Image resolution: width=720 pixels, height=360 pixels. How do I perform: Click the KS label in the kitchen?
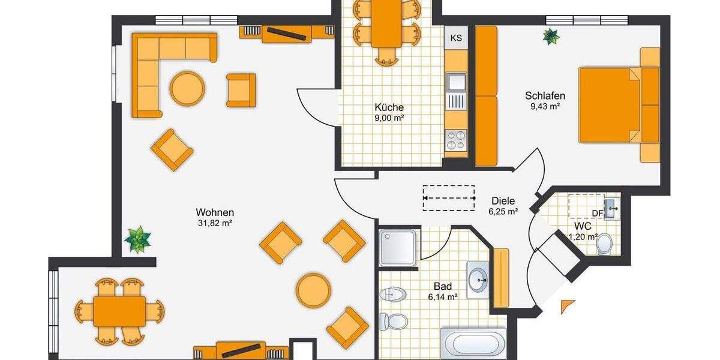pyautogui.click(x=456, y=38)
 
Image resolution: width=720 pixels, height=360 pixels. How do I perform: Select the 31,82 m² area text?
pyautogui.click(x=214, y=223)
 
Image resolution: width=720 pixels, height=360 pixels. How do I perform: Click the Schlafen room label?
pyautogui.click(x=545, y=95)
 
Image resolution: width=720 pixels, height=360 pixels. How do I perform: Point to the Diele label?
pyautogui.click(x=503, y=201)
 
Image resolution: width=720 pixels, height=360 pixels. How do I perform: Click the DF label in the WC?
pyautogui.click(x=598, y=213)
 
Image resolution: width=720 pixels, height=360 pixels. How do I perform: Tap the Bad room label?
pyautogui.click(x=443, y=286)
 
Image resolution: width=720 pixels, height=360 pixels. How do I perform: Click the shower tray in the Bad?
pyautogui.click(x=397, y=247)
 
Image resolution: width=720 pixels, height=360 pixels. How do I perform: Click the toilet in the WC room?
pyautogui.click(x=605, y=243)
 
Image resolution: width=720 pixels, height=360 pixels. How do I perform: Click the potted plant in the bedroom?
pyautogui.click(x=551, y=37)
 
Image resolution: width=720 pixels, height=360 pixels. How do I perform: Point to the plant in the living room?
pyautogui.click(x=138, y=239)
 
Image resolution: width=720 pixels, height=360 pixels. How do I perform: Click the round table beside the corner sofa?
pyautogui.click(x=187, y=89)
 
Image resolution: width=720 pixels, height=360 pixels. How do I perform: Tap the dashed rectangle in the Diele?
pyautogui.click(x=449, y=197)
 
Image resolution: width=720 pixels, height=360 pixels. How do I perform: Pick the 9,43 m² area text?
pyautogui.click(x=545, y=107)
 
